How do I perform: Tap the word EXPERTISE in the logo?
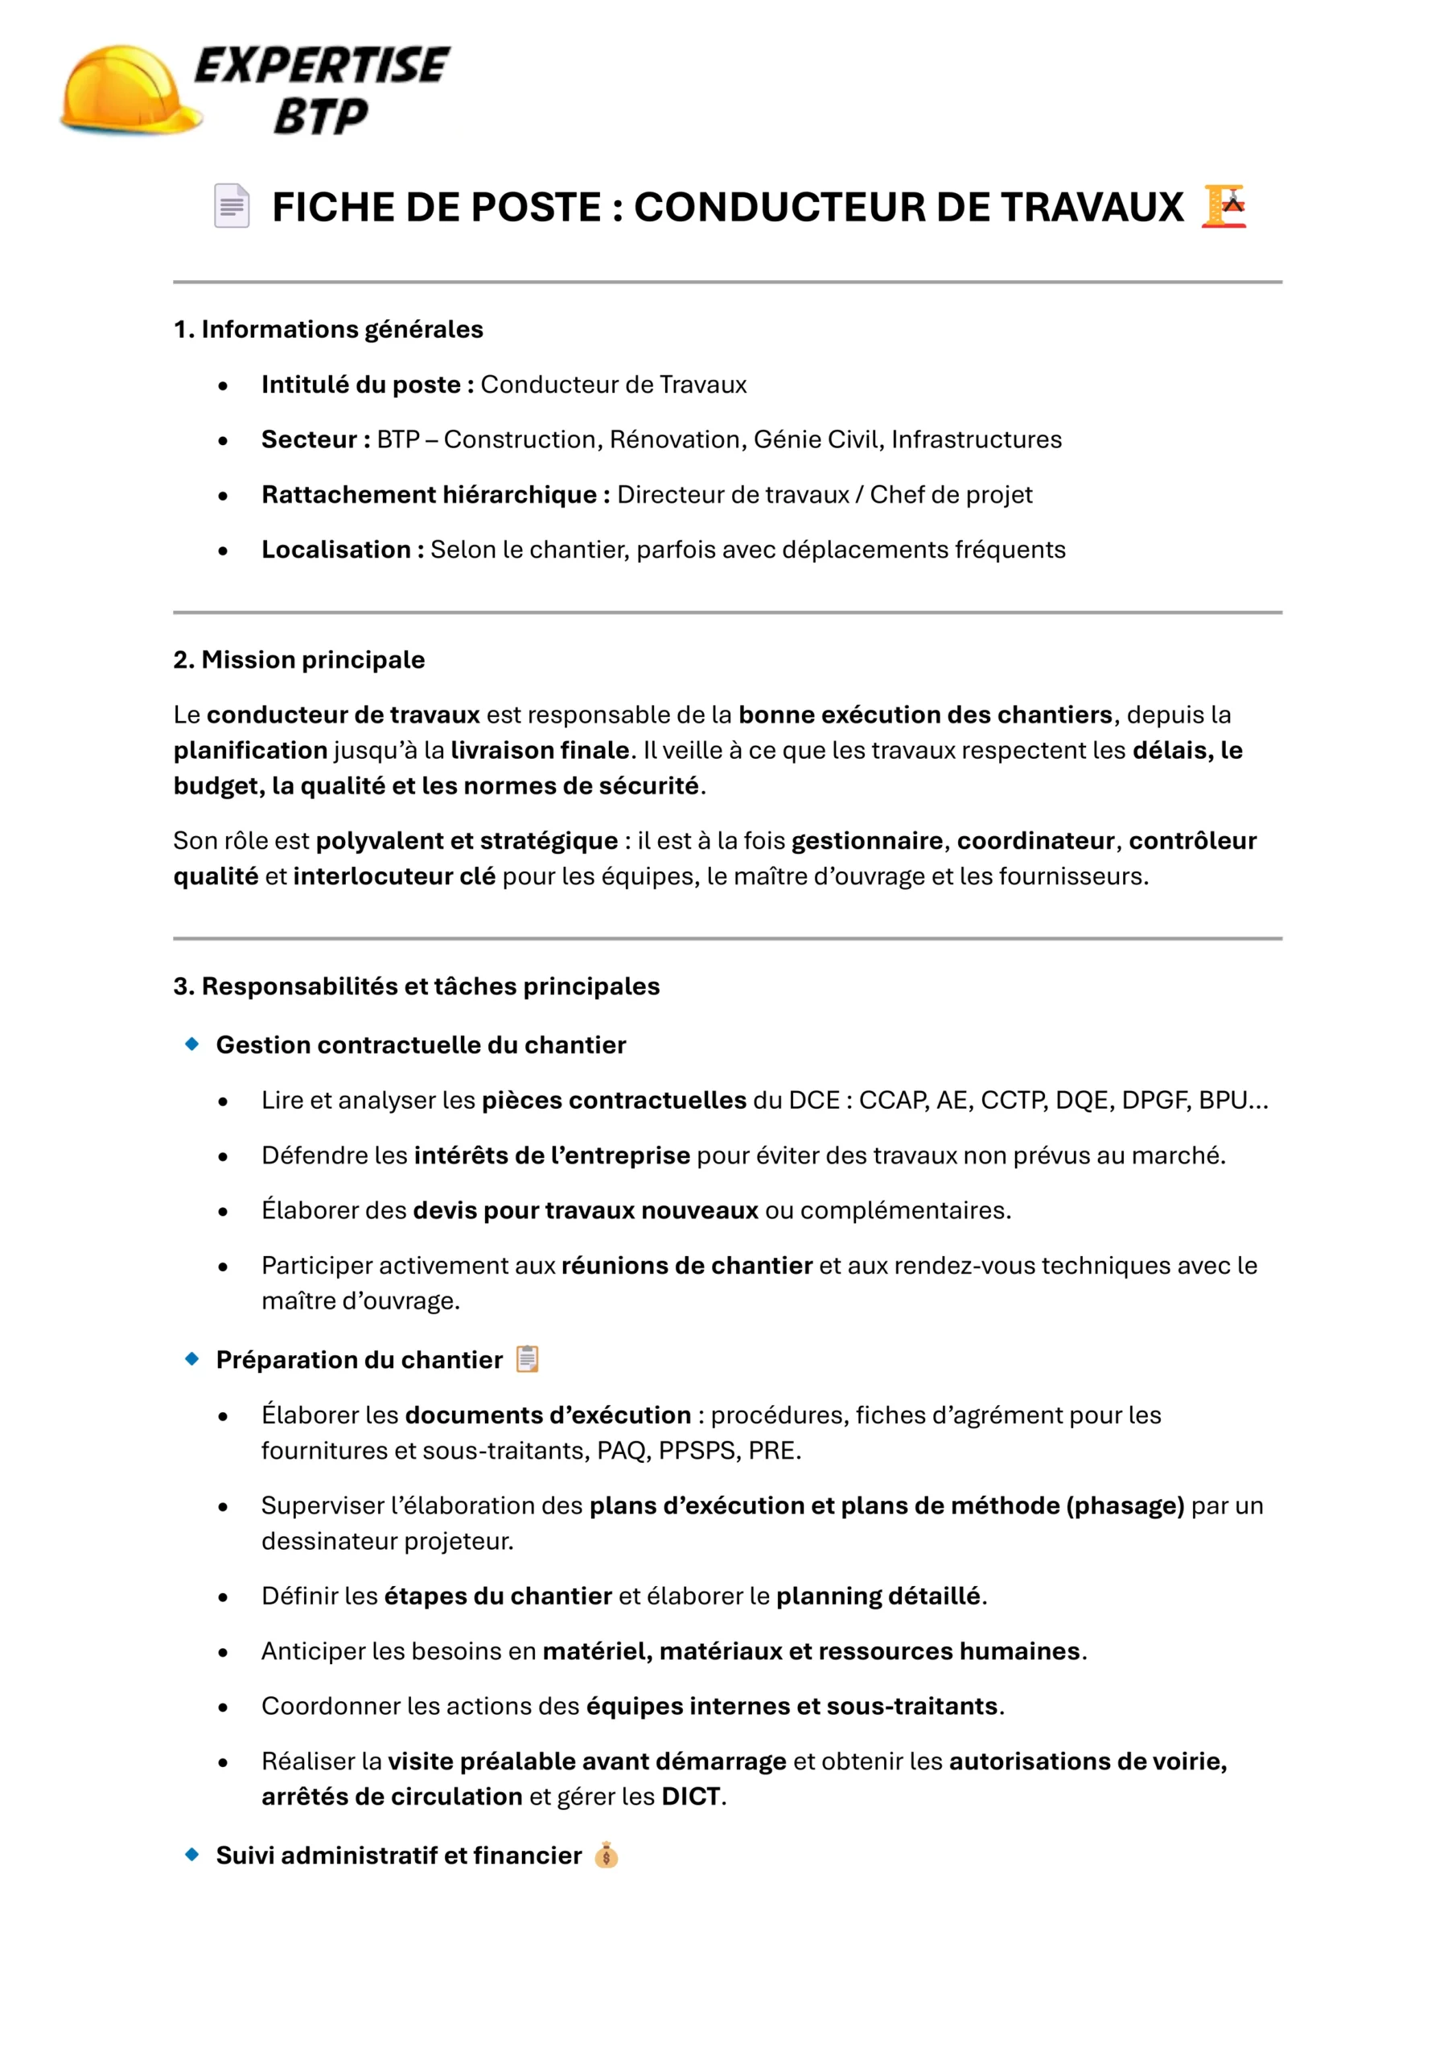pos(321,65)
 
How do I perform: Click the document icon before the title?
pos(232,205)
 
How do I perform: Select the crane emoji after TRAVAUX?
pos(1224,205)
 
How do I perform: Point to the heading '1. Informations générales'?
pos(328,329)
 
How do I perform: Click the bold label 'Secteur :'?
pos(315,439)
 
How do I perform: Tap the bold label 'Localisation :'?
pos(343,549)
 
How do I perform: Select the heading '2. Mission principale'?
pos(298,660)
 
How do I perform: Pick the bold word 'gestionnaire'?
pos(866,841)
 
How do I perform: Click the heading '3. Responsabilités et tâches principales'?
pos(416,986)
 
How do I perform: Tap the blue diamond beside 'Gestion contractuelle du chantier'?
pos(192,1044)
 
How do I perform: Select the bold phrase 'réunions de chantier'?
pos(686,1265)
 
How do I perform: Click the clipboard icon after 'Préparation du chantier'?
pos(528,1359)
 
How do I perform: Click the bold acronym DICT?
pos(691,1796)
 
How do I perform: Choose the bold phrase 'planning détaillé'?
pos(878,1596)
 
